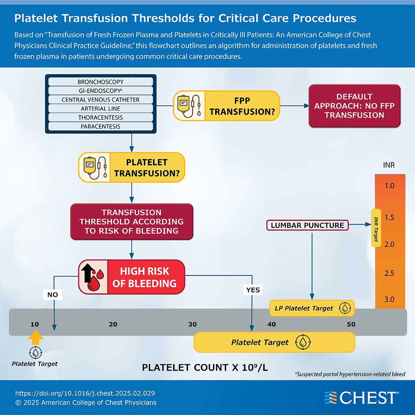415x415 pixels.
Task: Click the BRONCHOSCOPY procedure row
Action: point(100,82)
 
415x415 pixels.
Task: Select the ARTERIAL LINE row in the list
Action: point(100,109)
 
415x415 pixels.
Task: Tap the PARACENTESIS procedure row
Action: point(100,126)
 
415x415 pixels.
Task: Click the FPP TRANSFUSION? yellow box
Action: point(226,106)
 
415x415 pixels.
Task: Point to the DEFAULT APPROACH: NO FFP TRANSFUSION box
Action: point(354,106)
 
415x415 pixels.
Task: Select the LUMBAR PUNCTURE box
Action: point(307,225)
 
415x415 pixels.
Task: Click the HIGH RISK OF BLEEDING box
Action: point(131,277)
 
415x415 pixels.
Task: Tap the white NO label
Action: point(52,294)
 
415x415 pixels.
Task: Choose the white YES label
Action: point(253,290)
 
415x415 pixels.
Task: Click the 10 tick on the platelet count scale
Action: point(35,324)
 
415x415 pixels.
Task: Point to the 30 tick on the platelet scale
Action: point(193,324)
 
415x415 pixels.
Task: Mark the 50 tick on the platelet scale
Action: point(351,324)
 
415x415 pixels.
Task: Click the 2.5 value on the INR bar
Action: point(389,273)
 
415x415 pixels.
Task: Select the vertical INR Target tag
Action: point(376,228)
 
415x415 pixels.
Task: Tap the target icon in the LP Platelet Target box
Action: point(345,308)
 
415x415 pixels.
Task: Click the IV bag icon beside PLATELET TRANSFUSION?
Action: point(94,168)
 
